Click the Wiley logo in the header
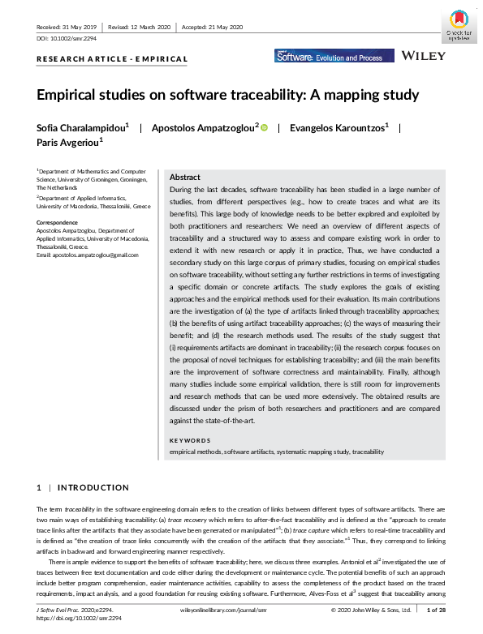(423, 57)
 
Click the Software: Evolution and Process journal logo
(334, 57)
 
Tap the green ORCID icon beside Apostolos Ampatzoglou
(264, 127)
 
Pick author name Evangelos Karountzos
(335, 127)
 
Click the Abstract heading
(185, 177)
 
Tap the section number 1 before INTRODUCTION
(39, 487)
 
